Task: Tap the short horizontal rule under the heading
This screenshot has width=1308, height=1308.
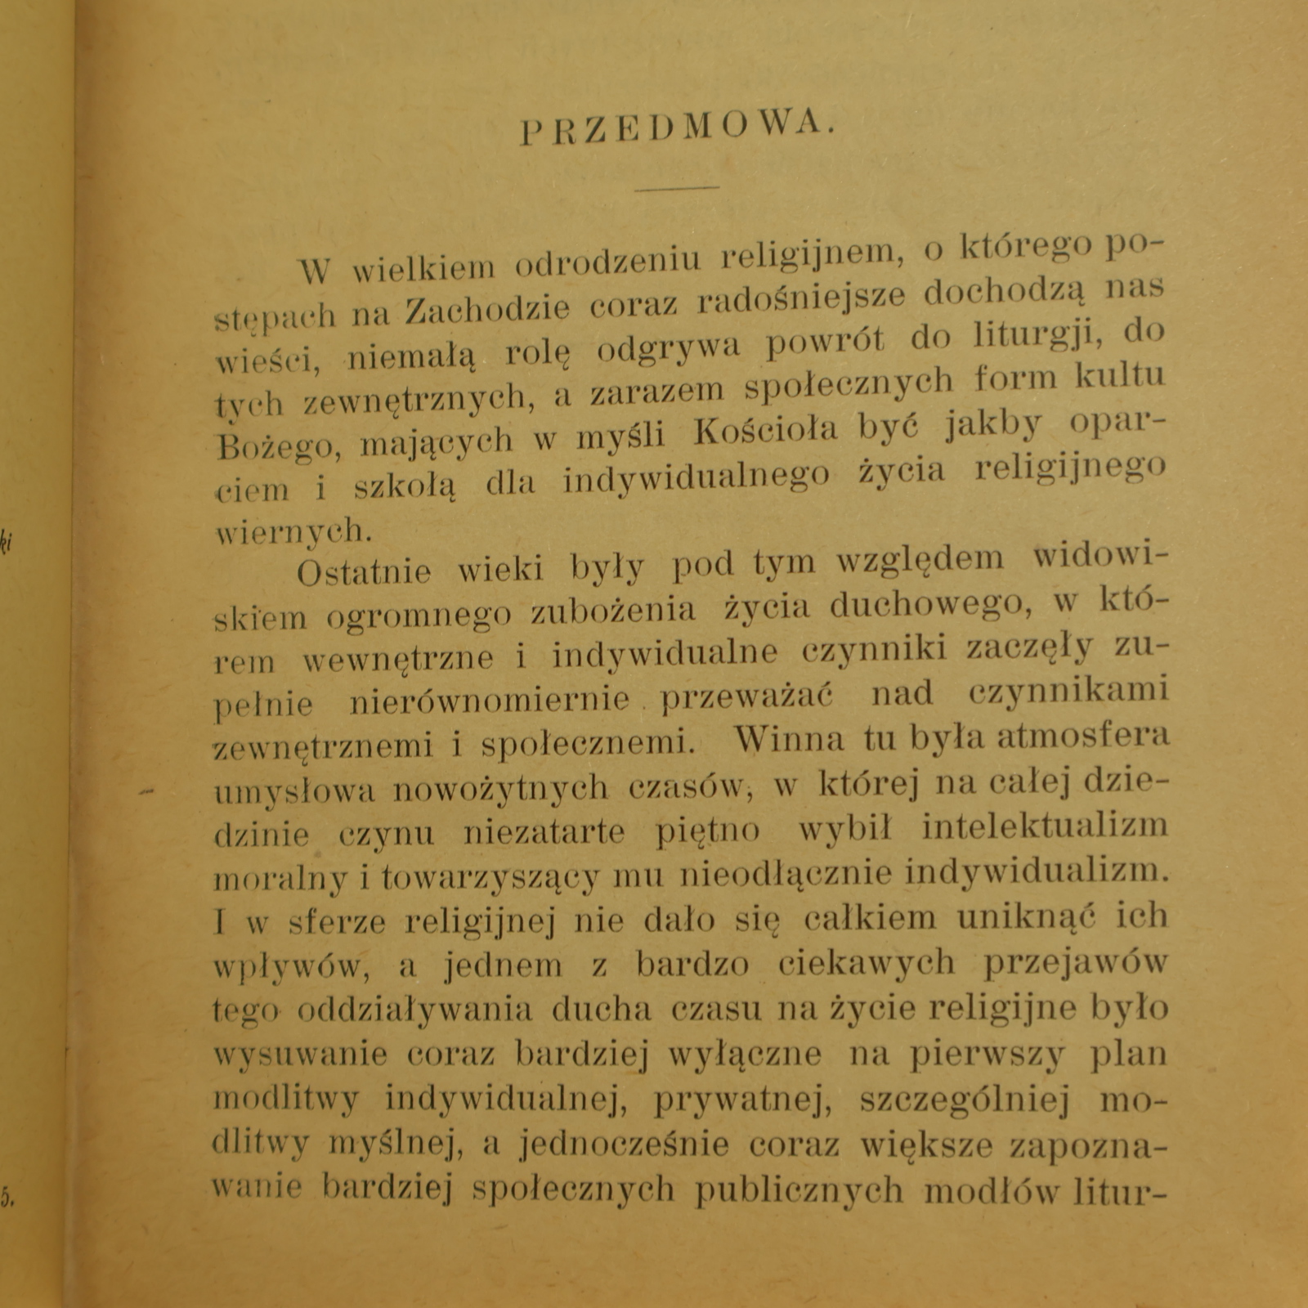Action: (x=678, y=188)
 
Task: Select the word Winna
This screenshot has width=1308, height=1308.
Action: (x=790, y=739)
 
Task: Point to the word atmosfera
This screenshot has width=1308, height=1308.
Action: (x=1083, y=736)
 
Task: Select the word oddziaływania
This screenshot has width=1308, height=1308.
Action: (x=414, y=1010)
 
